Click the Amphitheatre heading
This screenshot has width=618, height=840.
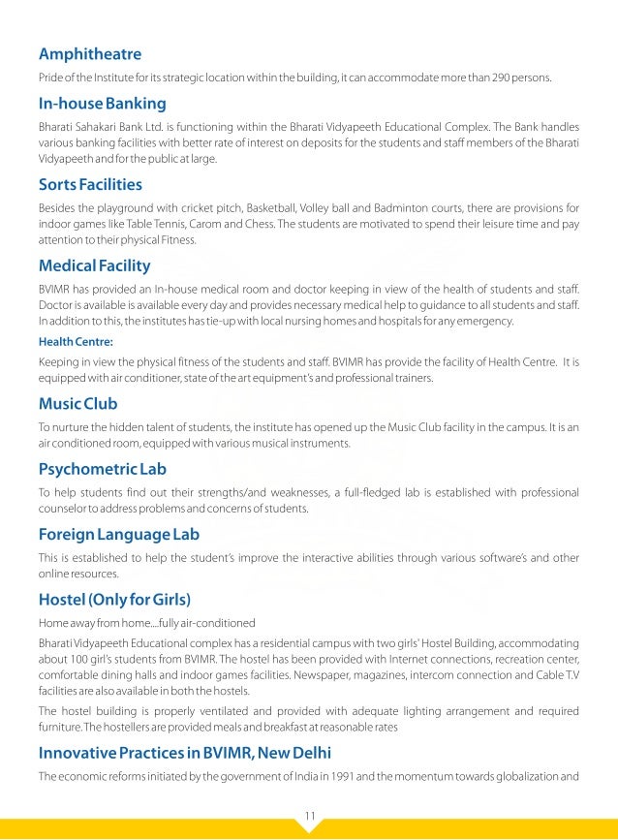pyautogui.click(x=90, y=53)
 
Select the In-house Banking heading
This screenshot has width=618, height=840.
pyautogui.click(x=102, y=104)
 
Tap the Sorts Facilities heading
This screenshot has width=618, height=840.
pyautogui.click(x=90, y=184)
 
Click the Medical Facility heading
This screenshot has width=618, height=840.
pyautogui.click(x=94, y=264)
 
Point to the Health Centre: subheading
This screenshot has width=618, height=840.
pyautogui.click(x=76, y=342)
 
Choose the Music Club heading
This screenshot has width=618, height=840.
pyautogui.click(x=78, y=403)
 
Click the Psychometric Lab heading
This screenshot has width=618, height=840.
pyautogui.click(x=103, y=469)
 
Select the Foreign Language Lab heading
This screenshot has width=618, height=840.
pyautogui.click(x=119, y=534)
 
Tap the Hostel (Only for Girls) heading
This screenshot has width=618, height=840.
pyautogui.click(x=114, y=598)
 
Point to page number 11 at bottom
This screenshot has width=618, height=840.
pyautogui.click(x=309, y=815)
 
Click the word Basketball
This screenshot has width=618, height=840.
pyautogui.click(x=297, y=208)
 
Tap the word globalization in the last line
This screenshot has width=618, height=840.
pyautogui.click(x=539, y=776)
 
